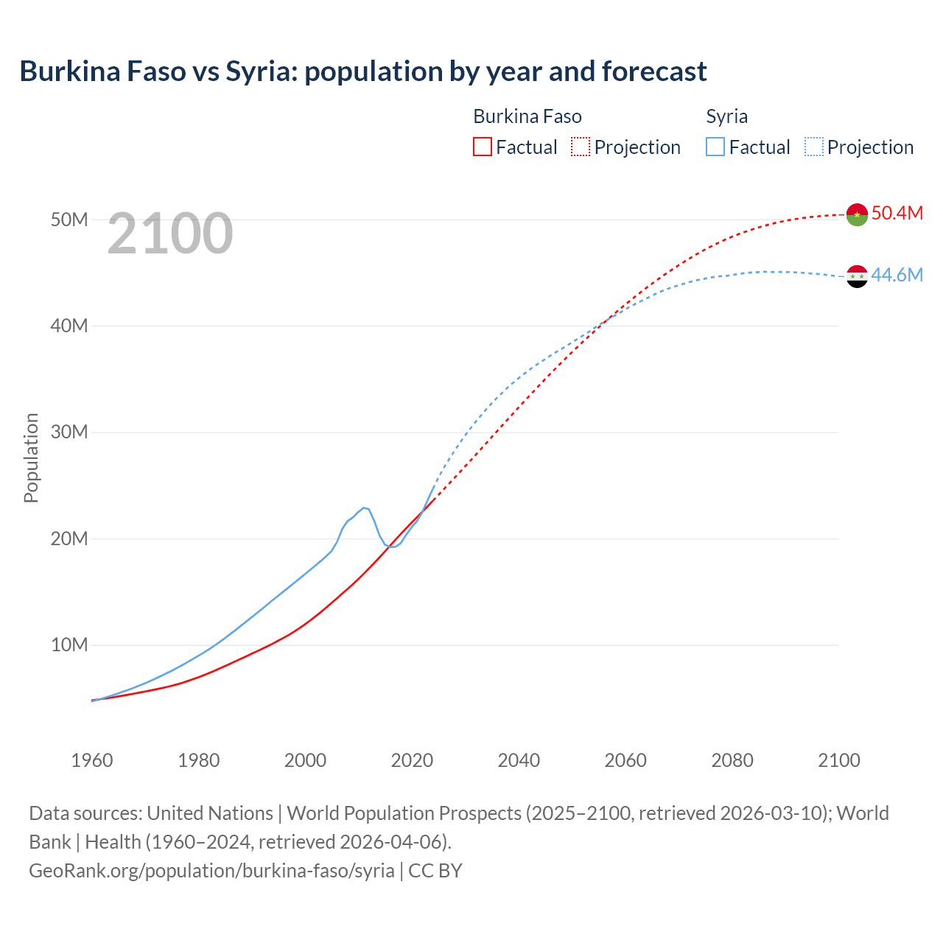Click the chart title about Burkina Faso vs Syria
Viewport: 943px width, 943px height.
point(362,71)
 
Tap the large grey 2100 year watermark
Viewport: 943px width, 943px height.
point(170,234)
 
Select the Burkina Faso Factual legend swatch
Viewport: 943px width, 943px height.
point(482,147)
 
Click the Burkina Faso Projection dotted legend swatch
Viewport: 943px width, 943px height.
point(581,147)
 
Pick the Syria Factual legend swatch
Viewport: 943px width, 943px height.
point(715,147)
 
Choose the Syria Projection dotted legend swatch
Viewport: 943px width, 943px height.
point(813,147)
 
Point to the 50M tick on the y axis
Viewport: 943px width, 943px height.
point(69,220)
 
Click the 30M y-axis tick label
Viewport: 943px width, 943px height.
point(69,432)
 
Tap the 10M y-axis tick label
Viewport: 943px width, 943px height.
point(69,645)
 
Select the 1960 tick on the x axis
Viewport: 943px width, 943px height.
point(92,760)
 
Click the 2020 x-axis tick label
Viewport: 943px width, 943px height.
point(412,760)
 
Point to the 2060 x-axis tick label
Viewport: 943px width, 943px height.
point(625,760)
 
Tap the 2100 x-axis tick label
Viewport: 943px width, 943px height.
point(838,760)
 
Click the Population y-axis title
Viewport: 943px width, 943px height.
point(31,458)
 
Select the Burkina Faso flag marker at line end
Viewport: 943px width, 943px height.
point(857,214)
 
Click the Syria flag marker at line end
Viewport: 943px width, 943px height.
point(857,276)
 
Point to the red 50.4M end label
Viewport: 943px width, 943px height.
point(897,213)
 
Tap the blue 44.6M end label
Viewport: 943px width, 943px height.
point(897,275)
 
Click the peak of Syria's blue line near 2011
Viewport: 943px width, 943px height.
point(364,508)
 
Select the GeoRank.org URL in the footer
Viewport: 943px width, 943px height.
point(211,871)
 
